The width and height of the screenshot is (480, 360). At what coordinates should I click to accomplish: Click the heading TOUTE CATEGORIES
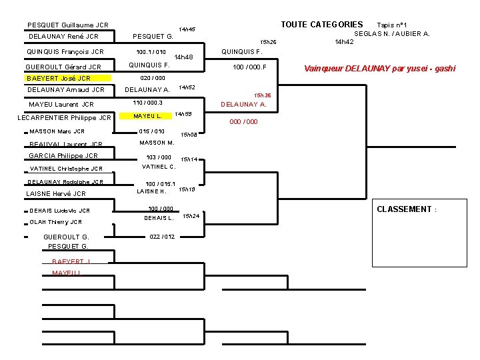321,25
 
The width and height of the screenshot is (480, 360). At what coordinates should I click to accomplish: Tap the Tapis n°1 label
397,25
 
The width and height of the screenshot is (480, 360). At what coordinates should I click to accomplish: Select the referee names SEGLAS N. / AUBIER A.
392,33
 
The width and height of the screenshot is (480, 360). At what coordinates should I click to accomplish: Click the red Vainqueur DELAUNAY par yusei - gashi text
379,68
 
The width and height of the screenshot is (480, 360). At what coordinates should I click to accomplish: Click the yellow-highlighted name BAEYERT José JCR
59,78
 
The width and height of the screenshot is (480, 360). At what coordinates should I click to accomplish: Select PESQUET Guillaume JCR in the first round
68,25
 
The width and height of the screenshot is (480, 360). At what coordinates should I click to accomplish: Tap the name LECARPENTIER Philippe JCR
64,118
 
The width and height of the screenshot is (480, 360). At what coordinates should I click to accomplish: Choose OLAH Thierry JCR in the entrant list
56,222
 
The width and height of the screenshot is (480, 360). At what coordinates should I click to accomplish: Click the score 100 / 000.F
249,67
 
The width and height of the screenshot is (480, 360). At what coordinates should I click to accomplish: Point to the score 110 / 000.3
148,103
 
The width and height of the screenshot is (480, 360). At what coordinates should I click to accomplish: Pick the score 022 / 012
163,237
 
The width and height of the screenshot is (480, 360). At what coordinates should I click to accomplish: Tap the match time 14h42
344,42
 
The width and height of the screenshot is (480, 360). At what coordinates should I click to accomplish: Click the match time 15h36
263,95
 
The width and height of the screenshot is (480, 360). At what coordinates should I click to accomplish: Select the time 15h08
189,135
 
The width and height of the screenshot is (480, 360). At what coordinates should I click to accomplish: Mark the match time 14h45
187,30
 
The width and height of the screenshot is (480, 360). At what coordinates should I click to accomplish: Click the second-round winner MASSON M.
157,143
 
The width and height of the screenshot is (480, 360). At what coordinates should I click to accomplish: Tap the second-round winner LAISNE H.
151,191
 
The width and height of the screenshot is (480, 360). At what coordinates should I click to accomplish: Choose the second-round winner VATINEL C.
159,167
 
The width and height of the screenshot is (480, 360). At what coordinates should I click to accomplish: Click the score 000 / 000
243,122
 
